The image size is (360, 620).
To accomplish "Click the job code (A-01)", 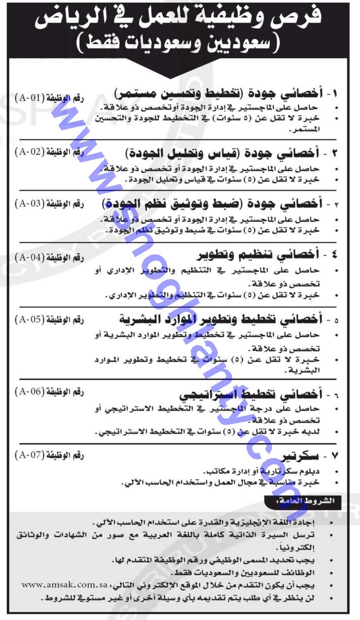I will pyautogui.click(x=29, y=99).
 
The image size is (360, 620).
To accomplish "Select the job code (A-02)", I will pyautogui.click(x=29, y=152).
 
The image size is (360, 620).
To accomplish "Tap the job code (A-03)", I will pyautogui.click(x=29, y=204).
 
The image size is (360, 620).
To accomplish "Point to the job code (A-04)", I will pyautogui.click(x=29, y=258).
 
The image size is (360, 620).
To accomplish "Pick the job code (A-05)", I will pyautogui.click(x=29, y=320).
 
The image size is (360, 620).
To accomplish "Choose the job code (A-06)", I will pyautogui.click(x=29, y=392).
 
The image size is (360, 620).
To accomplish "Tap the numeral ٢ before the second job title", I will pyautogui.click(x=334, y=153).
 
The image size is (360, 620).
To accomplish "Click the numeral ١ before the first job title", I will pyautogui.click(x=335, y=94).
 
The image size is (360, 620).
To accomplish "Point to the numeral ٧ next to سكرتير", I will pyautogui.click(x=334, y=456).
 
